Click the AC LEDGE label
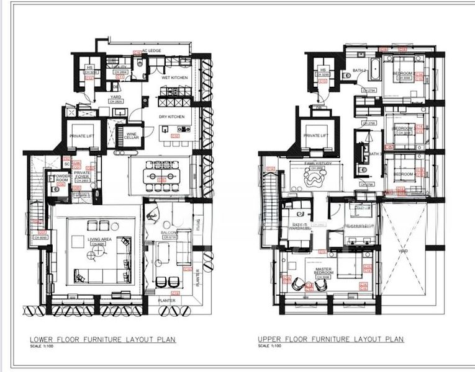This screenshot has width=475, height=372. tap(152, 51)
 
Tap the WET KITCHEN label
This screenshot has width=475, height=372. tap(174, 78)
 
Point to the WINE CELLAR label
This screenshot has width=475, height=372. tap(131, 135)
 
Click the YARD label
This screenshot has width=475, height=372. tap(115, 97)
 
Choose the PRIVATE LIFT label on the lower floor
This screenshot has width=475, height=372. tap(81, 135)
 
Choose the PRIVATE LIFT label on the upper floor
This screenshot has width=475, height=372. tap(315, 135)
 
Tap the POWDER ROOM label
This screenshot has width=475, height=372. tap(63, 178)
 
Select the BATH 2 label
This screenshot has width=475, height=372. tap(361, 71)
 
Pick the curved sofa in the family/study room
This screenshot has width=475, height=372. tap(315, 180)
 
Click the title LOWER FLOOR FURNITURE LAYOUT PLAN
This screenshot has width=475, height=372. tap(103, 339)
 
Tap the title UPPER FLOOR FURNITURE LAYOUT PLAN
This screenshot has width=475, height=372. tap(330, 339)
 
